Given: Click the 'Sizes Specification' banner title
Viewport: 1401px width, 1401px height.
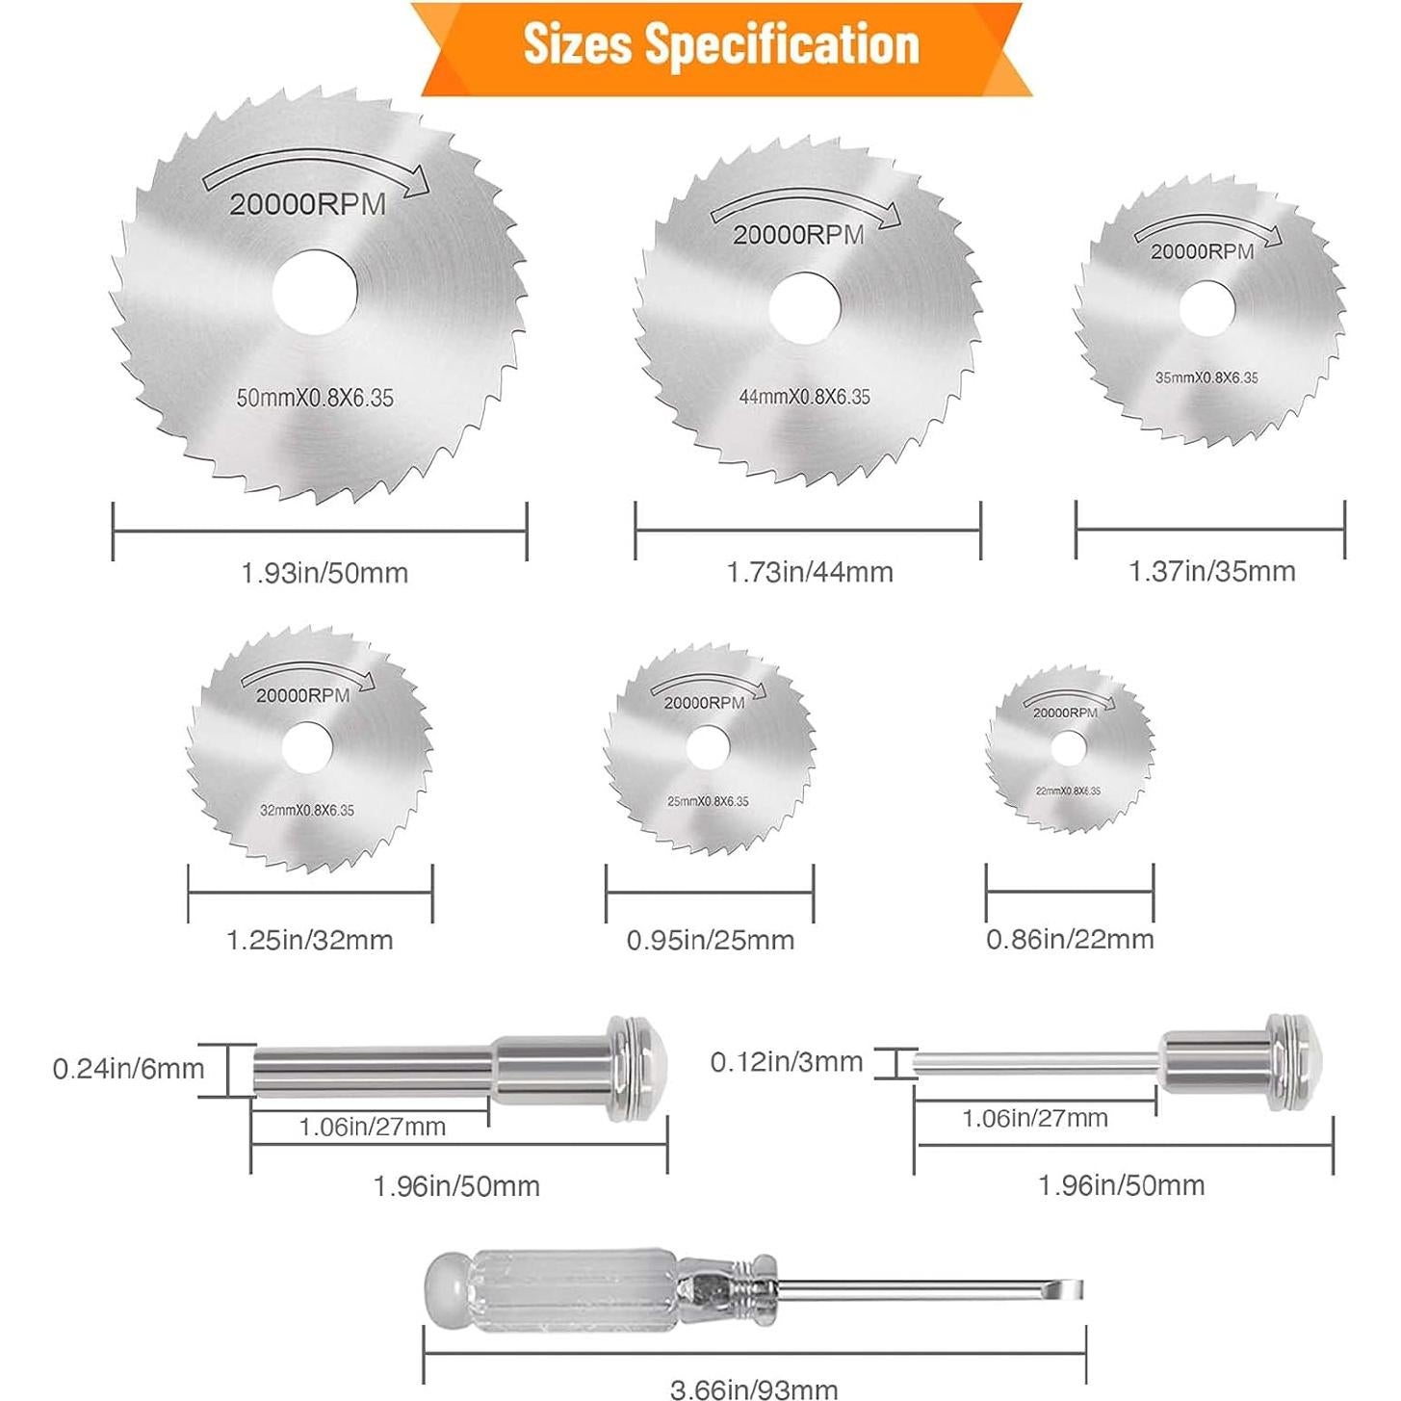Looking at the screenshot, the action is pos(721,45).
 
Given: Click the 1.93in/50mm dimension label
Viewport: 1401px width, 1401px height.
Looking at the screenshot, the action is pos(324,574).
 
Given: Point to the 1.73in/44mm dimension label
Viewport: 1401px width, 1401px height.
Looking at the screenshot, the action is pos(810,572).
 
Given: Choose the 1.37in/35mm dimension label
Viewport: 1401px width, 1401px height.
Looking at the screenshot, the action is pos(1212,571).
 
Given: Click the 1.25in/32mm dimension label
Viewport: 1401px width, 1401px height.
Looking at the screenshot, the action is pos(310,940).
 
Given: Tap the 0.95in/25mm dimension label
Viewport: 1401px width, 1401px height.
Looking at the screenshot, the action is pos(711,940).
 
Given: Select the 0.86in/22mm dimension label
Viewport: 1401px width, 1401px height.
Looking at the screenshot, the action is pos(1070,939).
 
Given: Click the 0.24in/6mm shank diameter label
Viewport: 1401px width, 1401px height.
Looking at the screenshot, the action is pos(129,1069).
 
